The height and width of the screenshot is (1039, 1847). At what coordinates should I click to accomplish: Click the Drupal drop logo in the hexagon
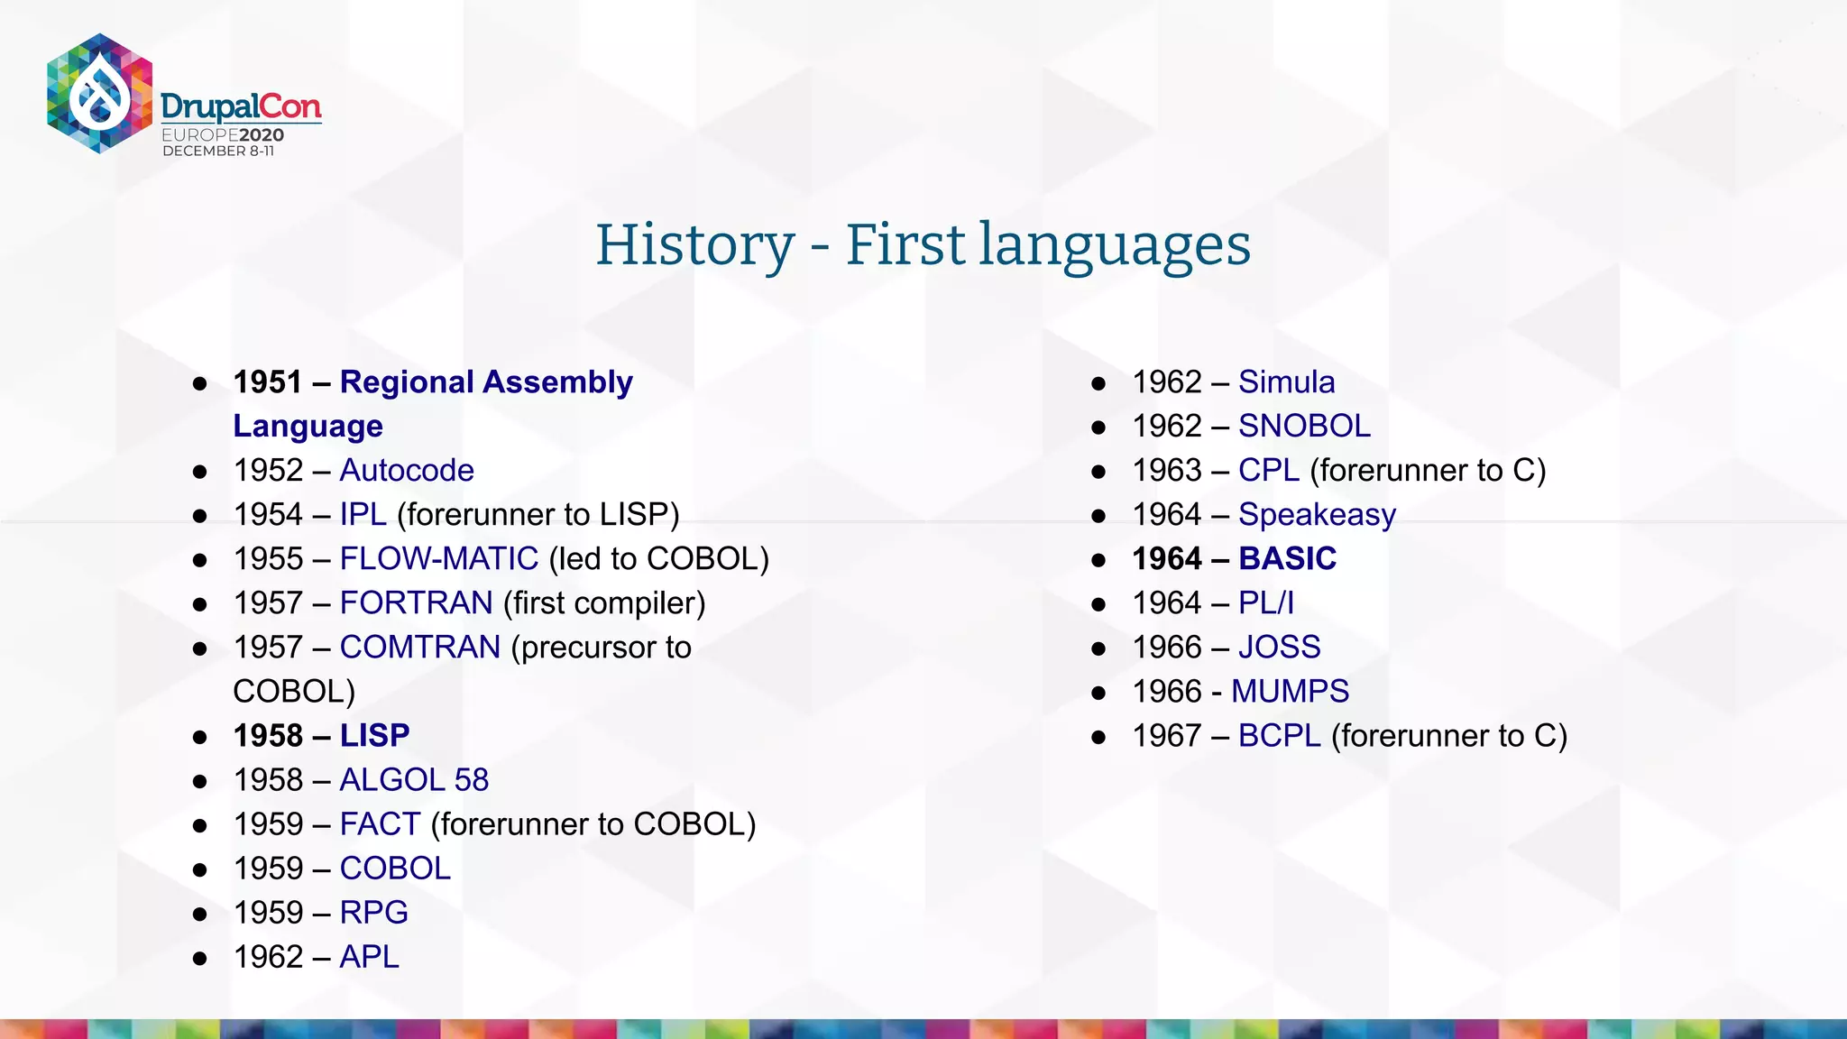[x=99, y=93]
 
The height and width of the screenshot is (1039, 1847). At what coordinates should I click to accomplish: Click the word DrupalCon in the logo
[x=241, y=107]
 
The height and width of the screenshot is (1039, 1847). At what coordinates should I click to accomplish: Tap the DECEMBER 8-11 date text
[x=218, y=152]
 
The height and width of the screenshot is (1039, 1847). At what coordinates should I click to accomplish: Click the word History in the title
[x=694, y=245]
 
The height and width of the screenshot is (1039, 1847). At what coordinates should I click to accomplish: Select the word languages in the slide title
[x=1115, y=245]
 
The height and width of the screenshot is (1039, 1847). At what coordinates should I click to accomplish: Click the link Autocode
[x=407, y=471]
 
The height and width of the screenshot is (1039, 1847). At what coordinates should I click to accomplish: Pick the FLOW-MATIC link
[x=439, y=559]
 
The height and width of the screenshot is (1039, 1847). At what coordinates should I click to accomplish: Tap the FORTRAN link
[x=416, y=603]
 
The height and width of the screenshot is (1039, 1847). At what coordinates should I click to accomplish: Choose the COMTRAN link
[x=419, y=648]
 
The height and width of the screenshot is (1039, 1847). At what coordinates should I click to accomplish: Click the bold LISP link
[x=374, y=736]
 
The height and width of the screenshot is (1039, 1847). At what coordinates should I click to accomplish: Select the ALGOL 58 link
[x=414, y=780]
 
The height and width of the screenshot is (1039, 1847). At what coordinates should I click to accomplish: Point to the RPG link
[x=373, y=913]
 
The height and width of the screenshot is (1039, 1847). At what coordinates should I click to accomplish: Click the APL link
[x=369, y=957]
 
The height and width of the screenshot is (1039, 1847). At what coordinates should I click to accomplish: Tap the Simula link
[x=1286, y=382]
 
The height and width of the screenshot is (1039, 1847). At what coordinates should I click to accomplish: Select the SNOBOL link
[x=1304, y=427]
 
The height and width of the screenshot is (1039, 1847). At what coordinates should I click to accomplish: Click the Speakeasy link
[x=1317, y=515]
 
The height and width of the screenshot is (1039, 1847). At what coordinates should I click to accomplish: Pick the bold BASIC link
[x=1287, y=559]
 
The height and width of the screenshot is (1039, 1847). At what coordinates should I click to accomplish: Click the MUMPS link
[x=1290, y=692]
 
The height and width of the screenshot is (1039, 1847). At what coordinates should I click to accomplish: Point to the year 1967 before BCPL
[x=1167, y=736]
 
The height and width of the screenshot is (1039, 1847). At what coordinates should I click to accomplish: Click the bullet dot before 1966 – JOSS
[x=1098, y=648]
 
